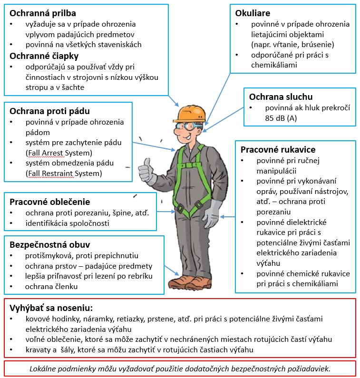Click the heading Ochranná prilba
43,13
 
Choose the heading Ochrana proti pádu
50,112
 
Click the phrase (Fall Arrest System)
58,153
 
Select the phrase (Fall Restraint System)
64,173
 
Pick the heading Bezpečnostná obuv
50,245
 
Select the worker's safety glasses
189,126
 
